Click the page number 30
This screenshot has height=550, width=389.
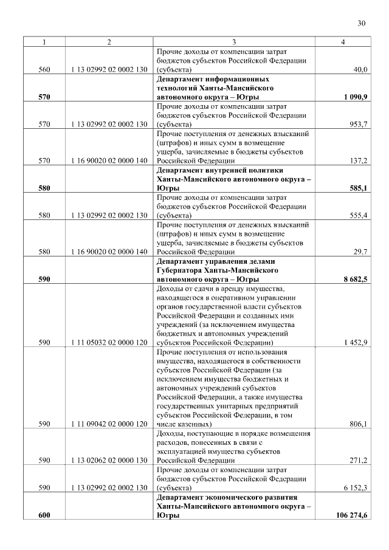coord(361,24)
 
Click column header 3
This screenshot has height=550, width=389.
coord(233,42)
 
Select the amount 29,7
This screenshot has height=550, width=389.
coord(360,252)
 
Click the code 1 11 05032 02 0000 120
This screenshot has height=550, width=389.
coord(109,343)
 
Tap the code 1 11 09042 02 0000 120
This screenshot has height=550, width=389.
coord(109,424)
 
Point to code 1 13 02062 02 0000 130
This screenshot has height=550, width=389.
coord(109,461)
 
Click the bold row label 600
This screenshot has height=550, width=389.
coord(44,515)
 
